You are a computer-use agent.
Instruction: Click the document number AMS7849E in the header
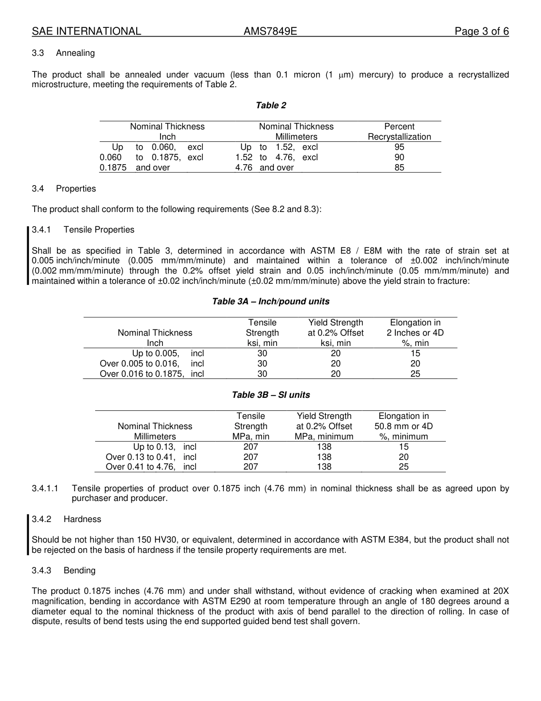tap(270, 31)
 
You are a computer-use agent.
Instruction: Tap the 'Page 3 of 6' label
tap(481, 31)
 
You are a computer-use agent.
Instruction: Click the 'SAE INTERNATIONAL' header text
tap(86, 31)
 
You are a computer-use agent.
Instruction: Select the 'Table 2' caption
tap(270, 105)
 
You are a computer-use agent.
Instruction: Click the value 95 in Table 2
tap(399, 147)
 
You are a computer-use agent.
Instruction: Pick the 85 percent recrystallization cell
tap(399, 168)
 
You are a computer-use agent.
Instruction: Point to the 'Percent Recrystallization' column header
tap(399, 132)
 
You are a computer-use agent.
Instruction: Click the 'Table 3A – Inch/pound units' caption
tap(270, 301)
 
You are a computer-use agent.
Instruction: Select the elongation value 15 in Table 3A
tap(415, 353)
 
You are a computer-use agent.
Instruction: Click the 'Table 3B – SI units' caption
tap(270, 395)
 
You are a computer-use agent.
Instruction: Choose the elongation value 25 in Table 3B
tap(404, 467)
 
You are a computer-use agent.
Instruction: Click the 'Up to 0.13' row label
tap(154, 447)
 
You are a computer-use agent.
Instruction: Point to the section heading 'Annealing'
tap(75, 53)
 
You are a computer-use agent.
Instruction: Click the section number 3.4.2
tap(42, 519)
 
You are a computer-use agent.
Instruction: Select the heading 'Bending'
tap(79, 570)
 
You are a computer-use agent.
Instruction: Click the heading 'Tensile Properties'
tap(99, 230)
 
